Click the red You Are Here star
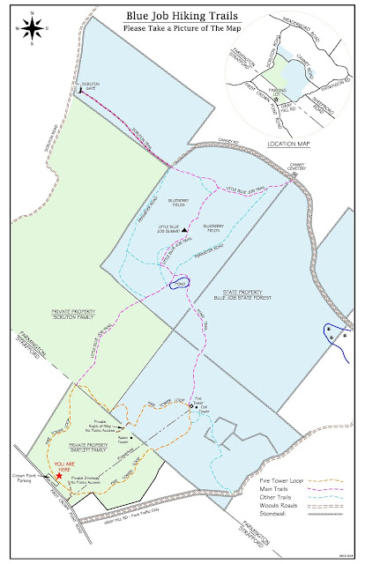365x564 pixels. (58, 475)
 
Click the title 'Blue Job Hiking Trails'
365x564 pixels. (182, 14)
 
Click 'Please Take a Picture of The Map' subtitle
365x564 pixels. (182, 27)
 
